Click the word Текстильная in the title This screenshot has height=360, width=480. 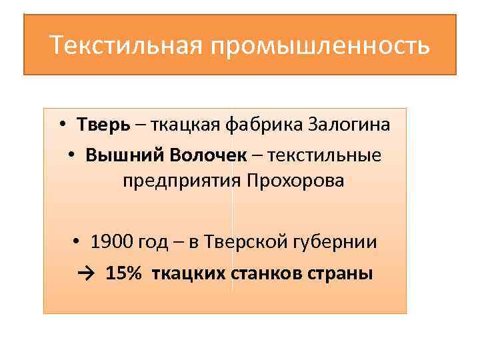click(x=123, y=47)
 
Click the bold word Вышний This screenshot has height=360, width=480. click(x=125, y=155)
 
